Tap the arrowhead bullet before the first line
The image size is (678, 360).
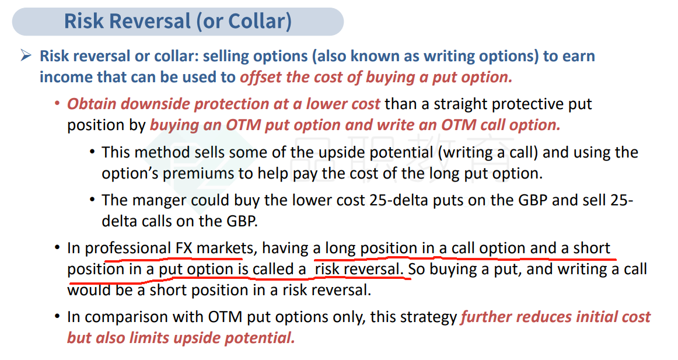point(26,55)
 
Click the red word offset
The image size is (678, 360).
point(261,77)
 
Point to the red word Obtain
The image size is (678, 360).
point(92,104)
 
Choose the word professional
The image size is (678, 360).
point(128,249)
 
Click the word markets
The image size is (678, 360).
point(225,249)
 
